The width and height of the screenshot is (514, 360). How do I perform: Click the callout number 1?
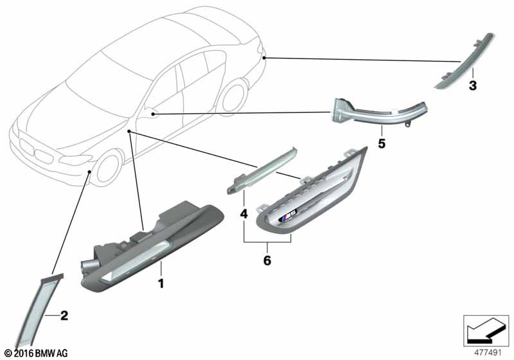161,283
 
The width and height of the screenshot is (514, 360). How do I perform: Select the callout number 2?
64,316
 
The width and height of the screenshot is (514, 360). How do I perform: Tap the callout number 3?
472,85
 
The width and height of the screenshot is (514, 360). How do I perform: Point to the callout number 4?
244,214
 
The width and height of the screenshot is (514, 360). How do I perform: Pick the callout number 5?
382,143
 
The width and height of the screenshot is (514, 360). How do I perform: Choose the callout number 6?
267,260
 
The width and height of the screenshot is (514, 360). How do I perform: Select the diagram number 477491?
488,352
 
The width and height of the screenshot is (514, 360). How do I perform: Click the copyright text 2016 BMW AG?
37,353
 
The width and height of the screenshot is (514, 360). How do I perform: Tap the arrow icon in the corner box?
486,330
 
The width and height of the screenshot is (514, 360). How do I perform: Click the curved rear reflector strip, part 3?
464,61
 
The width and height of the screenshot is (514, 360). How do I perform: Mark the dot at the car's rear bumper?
265,58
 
